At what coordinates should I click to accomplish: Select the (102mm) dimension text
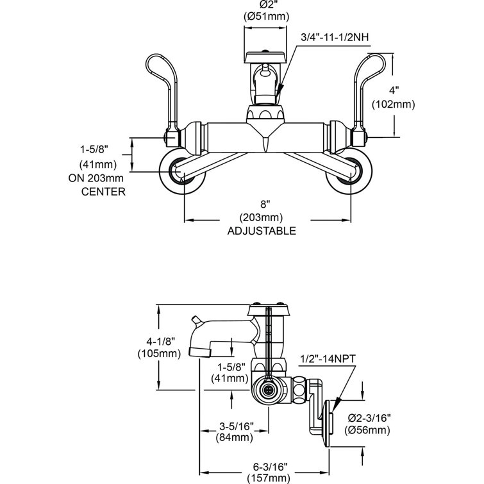[392, 103]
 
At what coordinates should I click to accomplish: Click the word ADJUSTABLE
[262, 231]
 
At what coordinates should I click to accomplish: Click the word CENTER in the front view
[103, 191]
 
